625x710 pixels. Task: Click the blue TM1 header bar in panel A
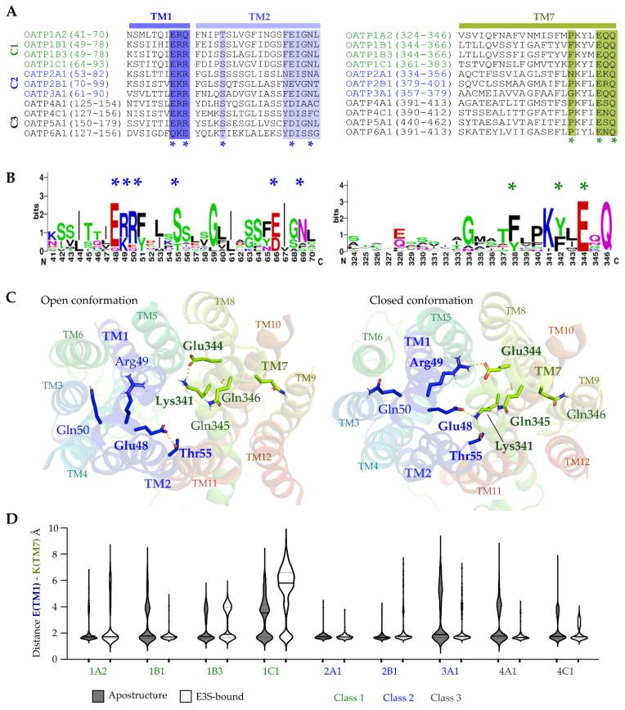pyautogui.click(x=159, y=16)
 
